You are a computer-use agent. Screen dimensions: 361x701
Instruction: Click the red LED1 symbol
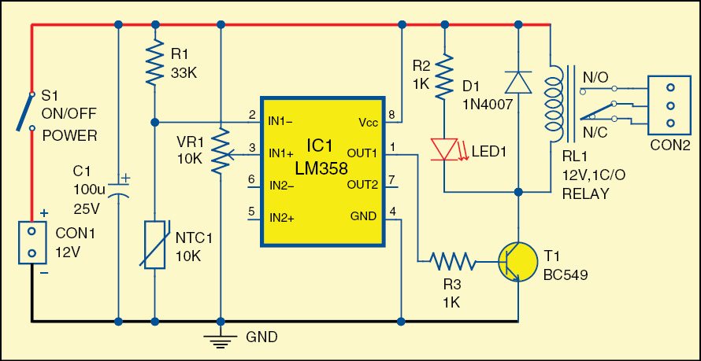(445, 147)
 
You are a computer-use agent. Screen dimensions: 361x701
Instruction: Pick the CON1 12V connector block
(32, 242)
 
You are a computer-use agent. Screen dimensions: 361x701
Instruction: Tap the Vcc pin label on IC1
(367, 123)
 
